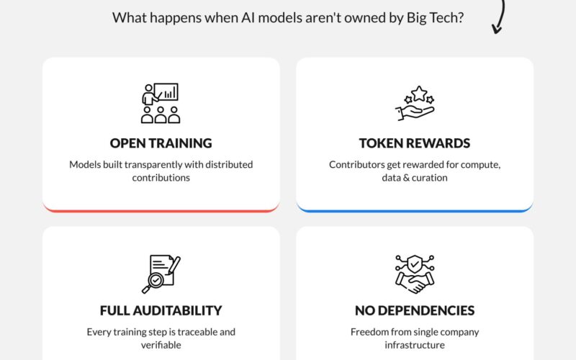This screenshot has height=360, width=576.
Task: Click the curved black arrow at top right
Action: click(503, 14)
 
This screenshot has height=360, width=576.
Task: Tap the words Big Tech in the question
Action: click(435, 17)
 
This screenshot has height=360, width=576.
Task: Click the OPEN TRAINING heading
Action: click(161, 143)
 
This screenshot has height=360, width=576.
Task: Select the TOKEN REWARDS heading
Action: click(415, 143)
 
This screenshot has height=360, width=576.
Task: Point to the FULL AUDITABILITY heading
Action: click(161, 310)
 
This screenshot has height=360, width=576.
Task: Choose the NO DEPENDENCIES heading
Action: click(415, 310)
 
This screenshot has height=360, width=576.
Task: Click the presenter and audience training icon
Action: click(161, 103)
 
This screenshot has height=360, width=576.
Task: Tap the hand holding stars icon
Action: click(415, 103)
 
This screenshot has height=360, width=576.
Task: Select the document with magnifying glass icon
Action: click(161, 274)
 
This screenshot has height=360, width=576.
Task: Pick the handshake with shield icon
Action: click(415, 274)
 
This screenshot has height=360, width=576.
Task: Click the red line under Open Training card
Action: click(161, 210)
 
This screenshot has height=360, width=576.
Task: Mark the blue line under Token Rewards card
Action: click(415, 210)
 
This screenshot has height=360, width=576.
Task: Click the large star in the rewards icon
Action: click(419, 94)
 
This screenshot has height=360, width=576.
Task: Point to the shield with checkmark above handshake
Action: click(415, 264)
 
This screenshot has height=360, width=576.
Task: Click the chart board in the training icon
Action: click(166, 92)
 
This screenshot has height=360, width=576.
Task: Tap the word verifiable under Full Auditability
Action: click(161, 345)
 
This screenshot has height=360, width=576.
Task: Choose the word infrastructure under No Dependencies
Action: click(415, 345)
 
